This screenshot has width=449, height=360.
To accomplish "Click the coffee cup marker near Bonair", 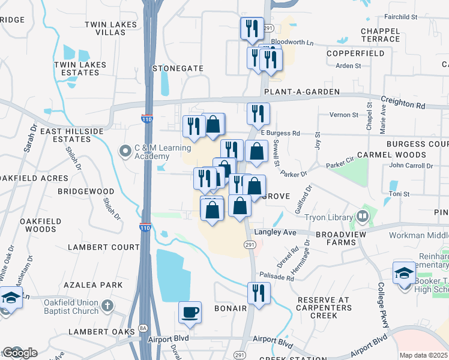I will tap(190, 313).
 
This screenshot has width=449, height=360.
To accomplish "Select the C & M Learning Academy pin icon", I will tap(125, 150).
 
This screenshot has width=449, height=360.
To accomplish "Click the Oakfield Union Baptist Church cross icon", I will tap(106, 306).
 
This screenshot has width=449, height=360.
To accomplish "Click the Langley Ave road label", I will tap(276, 232).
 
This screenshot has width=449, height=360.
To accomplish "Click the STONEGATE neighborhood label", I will tap(178, 68).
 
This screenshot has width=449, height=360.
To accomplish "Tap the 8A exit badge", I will tap(143, 328).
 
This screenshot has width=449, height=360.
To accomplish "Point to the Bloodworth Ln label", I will tap(292, 43).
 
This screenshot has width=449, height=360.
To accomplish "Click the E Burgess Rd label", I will tap(280, 133).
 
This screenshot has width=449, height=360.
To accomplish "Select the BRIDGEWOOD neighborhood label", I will tap(86, 191).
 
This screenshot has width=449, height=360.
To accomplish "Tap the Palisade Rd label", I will tap(277, 278).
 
